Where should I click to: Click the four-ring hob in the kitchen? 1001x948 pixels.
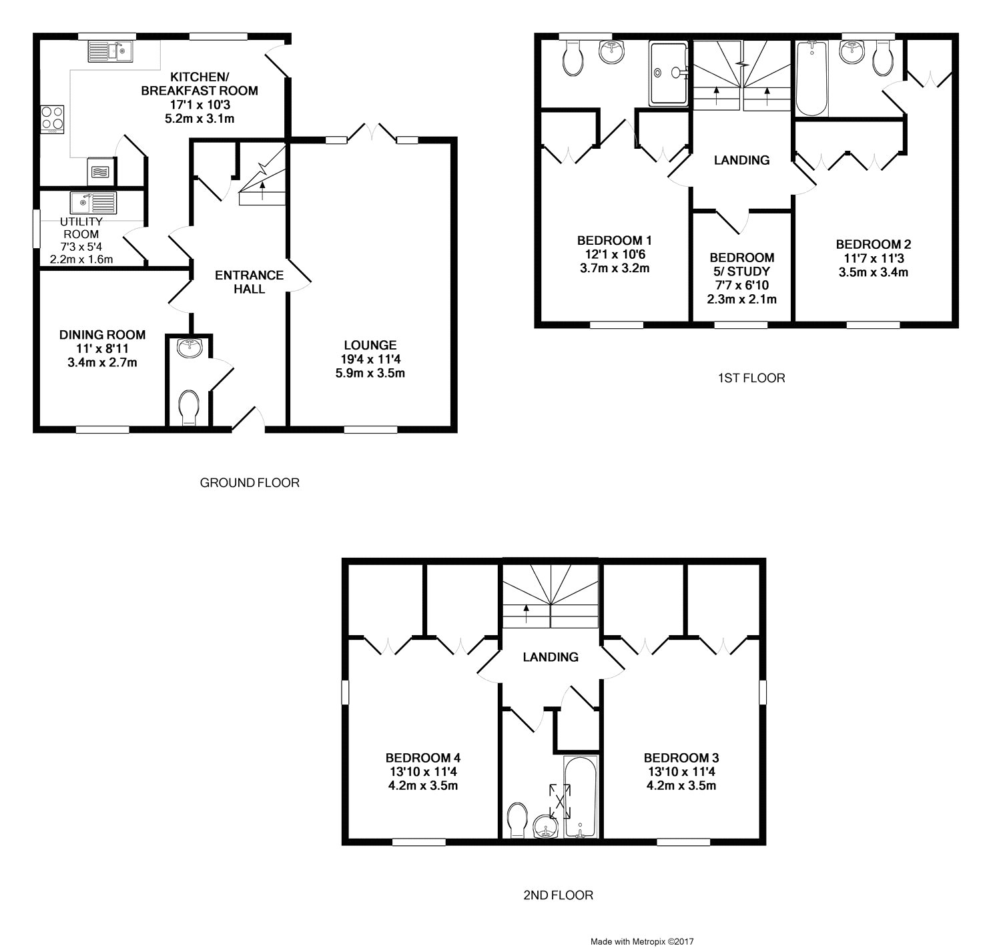53,119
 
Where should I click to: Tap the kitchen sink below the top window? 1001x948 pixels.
111,51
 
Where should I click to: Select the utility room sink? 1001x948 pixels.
93,203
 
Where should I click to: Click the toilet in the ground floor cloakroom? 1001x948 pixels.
189,407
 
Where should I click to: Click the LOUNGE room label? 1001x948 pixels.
370,345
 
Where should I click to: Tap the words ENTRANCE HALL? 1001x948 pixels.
249,282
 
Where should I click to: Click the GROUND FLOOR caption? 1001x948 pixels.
250,482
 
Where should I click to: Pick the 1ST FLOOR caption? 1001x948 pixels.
751,378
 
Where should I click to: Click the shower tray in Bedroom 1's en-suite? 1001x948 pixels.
668,73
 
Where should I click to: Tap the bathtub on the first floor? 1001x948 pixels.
811,79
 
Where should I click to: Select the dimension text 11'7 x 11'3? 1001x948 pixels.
874,258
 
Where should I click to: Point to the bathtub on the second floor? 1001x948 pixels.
580,797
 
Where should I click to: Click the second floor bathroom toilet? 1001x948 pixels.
518,820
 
